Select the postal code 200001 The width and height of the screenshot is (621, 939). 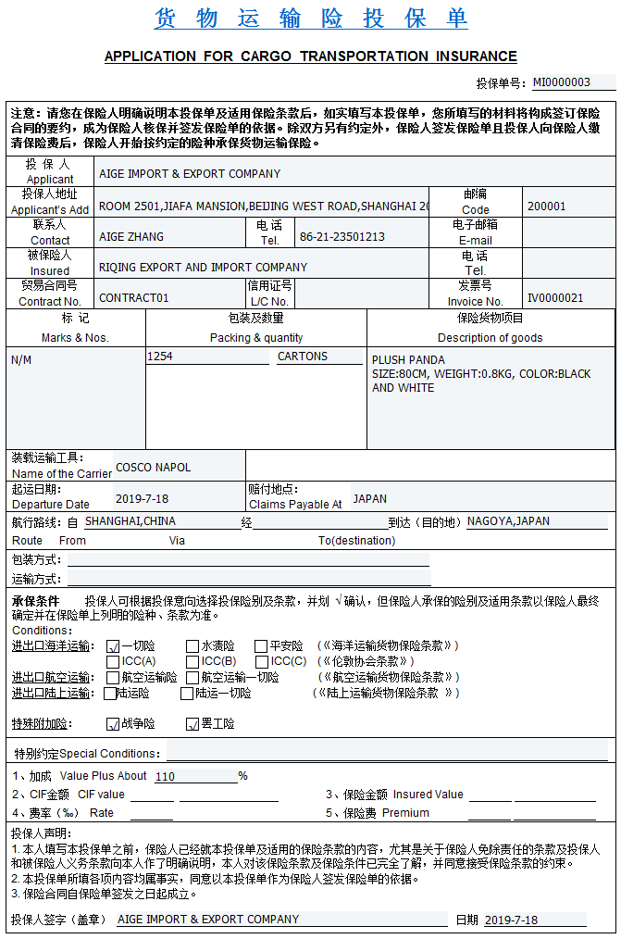[x=546, y=206]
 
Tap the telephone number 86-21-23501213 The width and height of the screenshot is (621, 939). [x=342, y=236]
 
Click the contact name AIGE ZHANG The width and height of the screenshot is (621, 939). [x=131, y=236]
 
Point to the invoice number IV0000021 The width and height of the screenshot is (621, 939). [x=555, y=297]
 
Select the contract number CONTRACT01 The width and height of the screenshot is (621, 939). [x=134, y=298]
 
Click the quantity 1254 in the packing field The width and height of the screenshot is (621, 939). [x=160, y=357]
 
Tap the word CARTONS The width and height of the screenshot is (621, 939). [x=303, y=357]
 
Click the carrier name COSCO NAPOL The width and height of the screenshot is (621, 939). [x=153, y=468]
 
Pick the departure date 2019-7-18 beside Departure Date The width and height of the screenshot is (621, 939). [x=142, y=498]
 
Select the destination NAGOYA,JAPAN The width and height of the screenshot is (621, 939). [x=508, y=521]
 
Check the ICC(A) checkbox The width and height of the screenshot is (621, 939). [x=113, y=662]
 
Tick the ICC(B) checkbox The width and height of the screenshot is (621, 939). [x=193, y=662]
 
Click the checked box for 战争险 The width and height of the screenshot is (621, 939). [x=113, y=723]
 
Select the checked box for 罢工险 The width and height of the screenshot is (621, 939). [x=193, y=723]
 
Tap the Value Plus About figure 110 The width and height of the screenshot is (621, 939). [x=166, y=777]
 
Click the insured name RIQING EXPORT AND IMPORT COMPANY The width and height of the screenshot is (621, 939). [x=203, y=268]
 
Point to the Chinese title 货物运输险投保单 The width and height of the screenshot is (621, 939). [x=311, y=18]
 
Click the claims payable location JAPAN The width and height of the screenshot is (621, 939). [x=369, y=498]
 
